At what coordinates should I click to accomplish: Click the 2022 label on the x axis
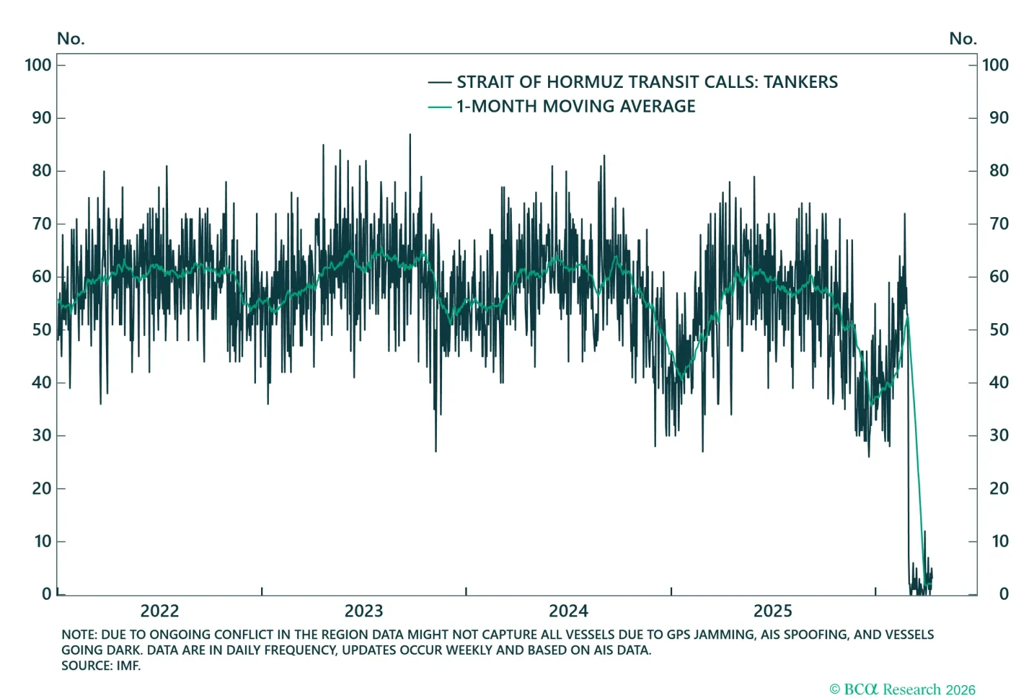click(x=159, y=611)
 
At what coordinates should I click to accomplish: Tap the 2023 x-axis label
click(x=364, y=611)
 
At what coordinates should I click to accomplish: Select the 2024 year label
click(x=568, y=611)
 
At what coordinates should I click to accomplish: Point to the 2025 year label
click(x=772, y=611)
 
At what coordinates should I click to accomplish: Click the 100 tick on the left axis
click(x=38, y=65)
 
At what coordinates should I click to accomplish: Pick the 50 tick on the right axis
click(x=998, y=330)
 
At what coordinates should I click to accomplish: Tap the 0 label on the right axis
click(x=1004, y=594)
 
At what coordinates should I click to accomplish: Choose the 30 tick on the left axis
click(x=41, y=435)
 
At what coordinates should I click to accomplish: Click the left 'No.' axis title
click(x=70, y=39)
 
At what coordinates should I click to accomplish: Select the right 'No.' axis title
click(x=962, y=39)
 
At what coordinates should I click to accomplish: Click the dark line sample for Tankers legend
click(x=439, y=82)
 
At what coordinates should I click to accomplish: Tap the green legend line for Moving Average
click(x=439, y=107)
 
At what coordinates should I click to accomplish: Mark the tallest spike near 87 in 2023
click(x=410, y=135)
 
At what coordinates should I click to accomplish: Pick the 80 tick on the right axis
click(x=998, y=171)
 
